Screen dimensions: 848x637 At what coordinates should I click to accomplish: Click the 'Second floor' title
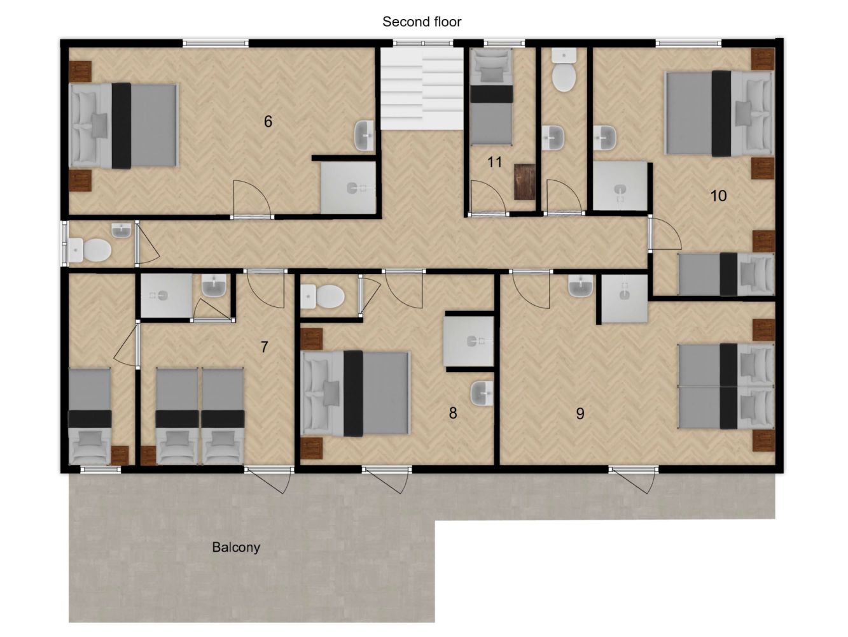[x=422, y=22]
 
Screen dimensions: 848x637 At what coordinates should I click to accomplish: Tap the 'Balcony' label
[x=236, y=547]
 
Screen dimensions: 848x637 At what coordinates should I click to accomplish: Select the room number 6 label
[x=268, y=122]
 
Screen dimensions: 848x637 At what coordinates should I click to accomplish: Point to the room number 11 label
[x=494, y=162]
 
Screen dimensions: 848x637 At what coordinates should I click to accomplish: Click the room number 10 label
[x=719, y=196]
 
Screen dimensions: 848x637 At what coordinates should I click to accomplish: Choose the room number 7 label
[x=264, y=347]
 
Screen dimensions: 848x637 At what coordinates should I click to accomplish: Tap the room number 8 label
[x=453, y=413]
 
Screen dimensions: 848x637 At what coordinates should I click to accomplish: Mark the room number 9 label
[x=580, y=413]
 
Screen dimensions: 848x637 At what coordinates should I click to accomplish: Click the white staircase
[x=422, y=89]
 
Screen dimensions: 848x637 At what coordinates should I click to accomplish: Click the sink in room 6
[x=365, y=136]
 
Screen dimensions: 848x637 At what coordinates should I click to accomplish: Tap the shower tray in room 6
[x=348, y=187]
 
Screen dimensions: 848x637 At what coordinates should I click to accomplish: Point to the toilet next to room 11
[x=564, y=71]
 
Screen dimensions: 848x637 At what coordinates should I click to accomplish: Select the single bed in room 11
[x=491, y=97]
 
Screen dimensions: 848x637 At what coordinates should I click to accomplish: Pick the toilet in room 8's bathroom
[x=322, y=296]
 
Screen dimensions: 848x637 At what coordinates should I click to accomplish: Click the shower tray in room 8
[x=469, y=341]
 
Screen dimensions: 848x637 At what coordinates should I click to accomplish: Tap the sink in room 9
[x=580, y=287]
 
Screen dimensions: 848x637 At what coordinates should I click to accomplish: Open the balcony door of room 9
[x=633, y=470]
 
